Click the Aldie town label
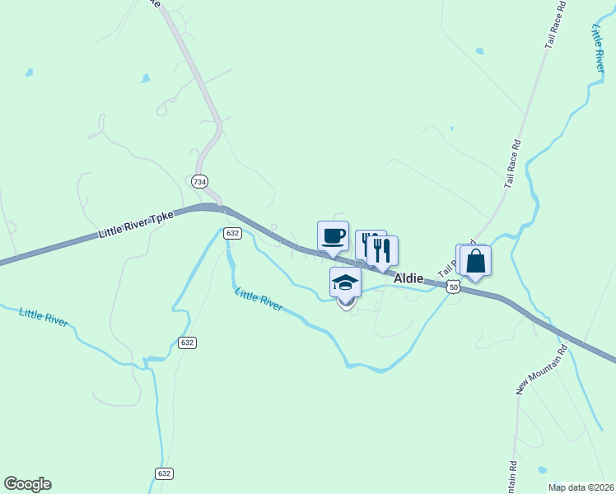(408, 279)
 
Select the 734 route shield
(198, 181)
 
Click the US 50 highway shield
(453, 286)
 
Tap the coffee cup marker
(333, 236)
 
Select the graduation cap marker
(345, 282)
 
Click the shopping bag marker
(476, 261)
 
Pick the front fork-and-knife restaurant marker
(383, 251)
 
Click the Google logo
(27, 484)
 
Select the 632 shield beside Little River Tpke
(231, 234)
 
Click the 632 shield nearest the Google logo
(163, 473)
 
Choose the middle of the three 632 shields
(187, 342)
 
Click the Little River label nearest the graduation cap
(259, 299)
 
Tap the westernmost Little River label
(44, 317)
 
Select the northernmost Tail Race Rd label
(557, 28)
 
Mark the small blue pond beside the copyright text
(541, 470)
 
